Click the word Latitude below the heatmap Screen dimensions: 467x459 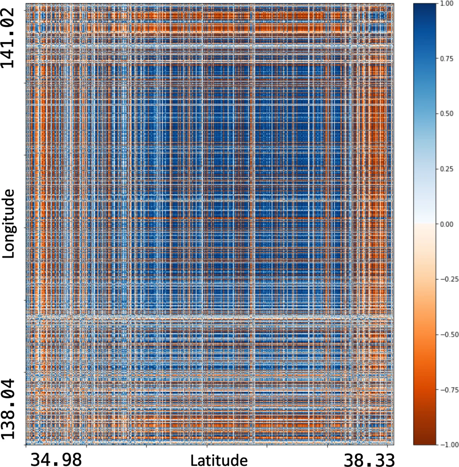pyautogui.click(x=219, y=460)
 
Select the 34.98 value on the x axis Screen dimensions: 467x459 pyautogui.click(x=56, y=459)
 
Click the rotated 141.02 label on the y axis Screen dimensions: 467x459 pyautogui.click(x=8, y=38)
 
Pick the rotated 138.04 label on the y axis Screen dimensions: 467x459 pyautogui.click(x=8, y=410)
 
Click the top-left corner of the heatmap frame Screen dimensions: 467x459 pyautogui.click(x=26, y=4)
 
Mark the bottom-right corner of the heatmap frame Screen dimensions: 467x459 pyautogui.click(x=394, y=444)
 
